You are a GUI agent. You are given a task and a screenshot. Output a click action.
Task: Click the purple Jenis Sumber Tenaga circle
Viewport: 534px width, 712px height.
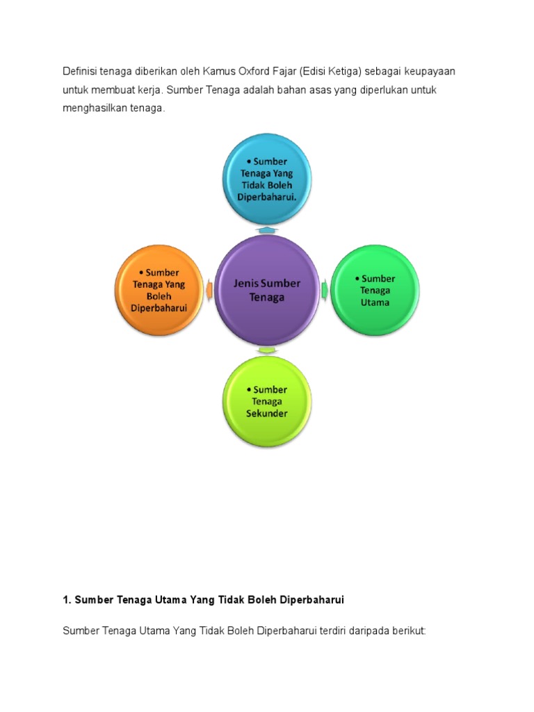coord(267,290)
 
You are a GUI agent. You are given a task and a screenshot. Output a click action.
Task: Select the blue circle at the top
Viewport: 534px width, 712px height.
coord(267,179)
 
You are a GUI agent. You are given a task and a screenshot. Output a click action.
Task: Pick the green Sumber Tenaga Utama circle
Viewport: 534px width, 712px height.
coord(374,290)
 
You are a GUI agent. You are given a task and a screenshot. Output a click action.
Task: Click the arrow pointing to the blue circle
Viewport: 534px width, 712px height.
coord(267,229)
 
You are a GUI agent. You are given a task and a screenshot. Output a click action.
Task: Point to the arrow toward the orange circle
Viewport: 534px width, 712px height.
coord(210,289)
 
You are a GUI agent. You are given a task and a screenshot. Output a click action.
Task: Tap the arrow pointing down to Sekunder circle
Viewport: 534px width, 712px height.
coord(267,350)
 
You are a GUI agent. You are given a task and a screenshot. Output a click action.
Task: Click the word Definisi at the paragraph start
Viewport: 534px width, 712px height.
coord(79,72)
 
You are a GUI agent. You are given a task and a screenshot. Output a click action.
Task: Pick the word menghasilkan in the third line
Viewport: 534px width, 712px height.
coord(95,109)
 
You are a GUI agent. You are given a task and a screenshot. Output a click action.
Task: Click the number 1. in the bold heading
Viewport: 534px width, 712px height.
coord(67,599)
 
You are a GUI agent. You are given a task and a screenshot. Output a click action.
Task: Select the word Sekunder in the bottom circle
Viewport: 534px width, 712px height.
coord(266,413)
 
